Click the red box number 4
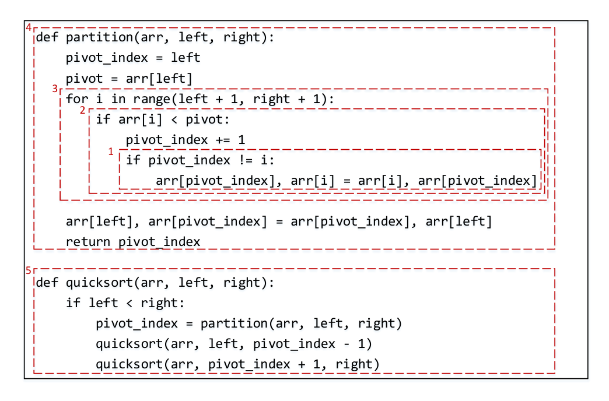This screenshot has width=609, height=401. coord(29,27)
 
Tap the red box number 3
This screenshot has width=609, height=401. coord(55,89)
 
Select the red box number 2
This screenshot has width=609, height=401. coord(82,110)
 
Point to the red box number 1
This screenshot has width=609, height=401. coord(111,152)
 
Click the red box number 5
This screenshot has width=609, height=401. coord(29,270)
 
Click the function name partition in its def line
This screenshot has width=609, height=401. coord(99,38)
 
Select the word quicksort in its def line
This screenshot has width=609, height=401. coord(99,283)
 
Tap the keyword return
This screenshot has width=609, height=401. coord(88,242)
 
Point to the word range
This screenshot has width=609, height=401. coord(152,100)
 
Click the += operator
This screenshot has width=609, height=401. coord(223,140)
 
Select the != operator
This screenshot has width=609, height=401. coord(246,160)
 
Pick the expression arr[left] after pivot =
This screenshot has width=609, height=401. coord(159,79)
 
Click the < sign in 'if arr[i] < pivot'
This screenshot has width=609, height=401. coord(174,119)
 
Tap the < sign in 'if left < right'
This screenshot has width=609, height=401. coord(129,303)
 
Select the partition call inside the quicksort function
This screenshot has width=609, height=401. coord(301,323)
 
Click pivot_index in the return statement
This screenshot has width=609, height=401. coord(159,242)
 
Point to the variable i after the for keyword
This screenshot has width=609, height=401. coord(99,99)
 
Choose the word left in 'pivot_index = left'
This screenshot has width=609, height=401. coord(185,58)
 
